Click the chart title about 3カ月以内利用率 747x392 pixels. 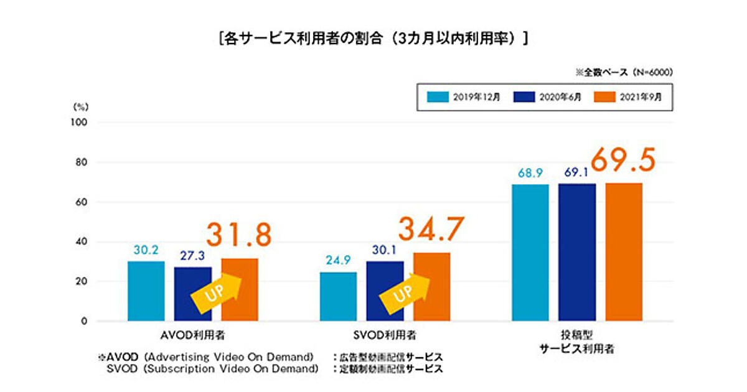click(374, 39)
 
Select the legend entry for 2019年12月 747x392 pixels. click(458, 96)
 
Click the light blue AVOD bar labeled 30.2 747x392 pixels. click(146, 291)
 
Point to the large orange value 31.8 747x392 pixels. click(240, 235)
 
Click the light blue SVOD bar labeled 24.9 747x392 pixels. click(338, 297)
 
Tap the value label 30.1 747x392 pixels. click(385, 250)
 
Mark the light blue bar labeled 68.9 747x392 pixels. click(530, 253)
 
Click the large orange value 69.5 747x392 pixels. click(623, 161)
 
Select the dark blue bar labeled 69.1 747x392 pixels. click(577, 252)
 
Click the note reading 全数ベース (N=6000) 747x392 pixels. click(624, 72)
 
